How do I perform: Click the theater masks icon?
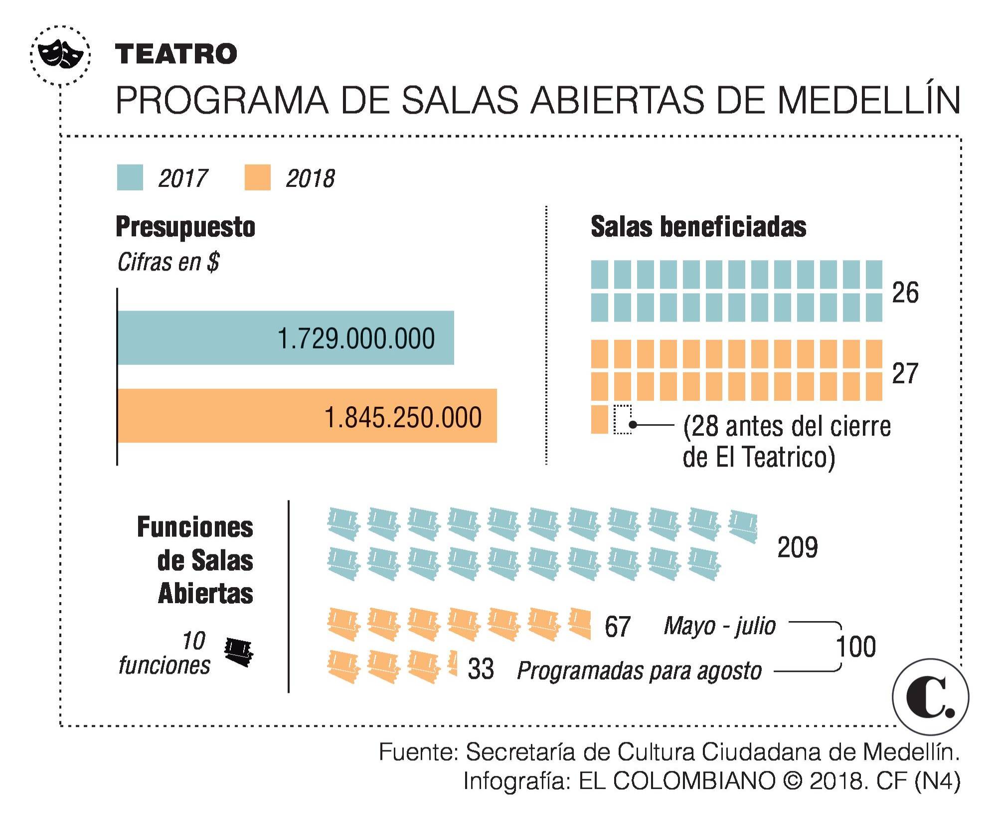(x=60, y=53)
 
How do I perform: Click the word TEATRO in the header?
(x=176, y=54)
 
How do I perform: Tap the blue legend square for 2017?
(x=130, y=177)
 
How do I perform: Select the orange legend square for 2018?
(x=257, y=177)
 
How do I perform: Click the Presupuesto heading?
(x=185, y=227)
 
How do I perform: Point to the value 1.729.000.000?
(x=355, y=339)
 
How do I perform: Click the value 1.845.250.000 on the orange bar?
(x=403, y=417)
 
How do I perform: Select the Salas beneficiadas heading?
(x=698, y=227)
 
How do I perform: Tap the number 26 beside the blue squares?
(x=905, y=293)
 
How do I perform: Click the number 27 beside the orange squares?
(x=905, y=373)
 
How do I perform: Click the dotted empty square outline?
(x=622, y=420)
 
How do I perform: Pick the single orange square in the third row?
(x=599, y=420)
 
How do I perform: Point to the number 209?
(x=797, y=547)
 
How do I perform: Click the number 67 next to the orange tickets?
(x=617, y=627)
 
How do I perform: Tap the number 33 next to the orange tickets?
(x=481, y=669)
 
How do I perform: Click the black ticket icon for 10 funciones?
(x=239, y=652)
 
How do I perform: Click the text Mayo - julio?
(x=720, y=626)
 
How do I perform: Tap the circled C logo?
(x=930, y=697)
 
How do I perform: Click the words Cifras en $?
(x=168, y=262)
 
